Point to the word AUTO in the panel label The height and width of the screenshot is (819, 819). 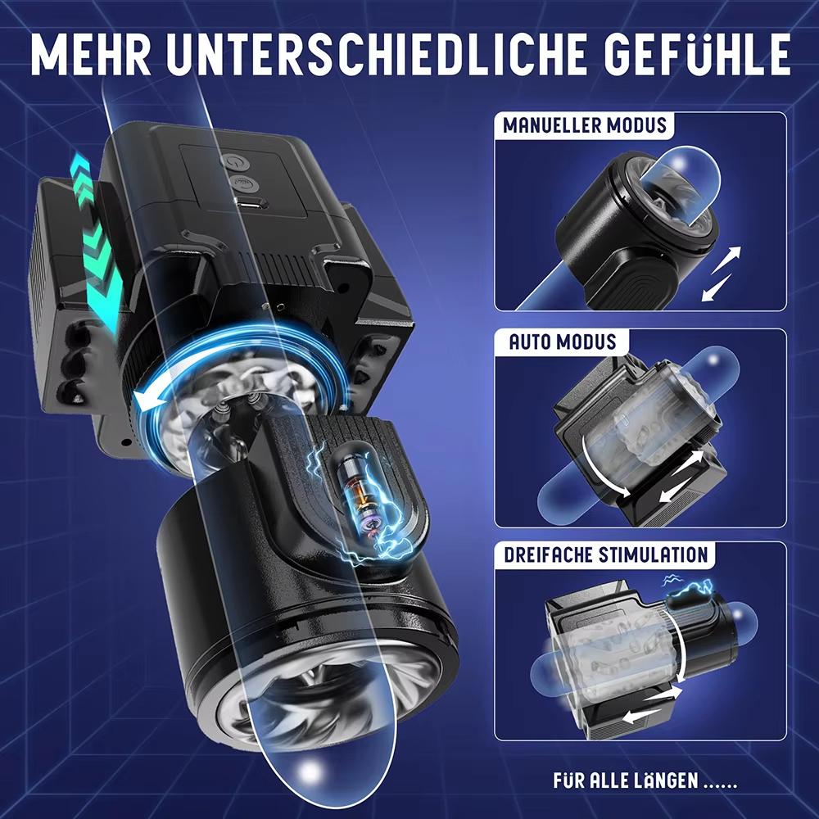[x=532, y=341]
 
